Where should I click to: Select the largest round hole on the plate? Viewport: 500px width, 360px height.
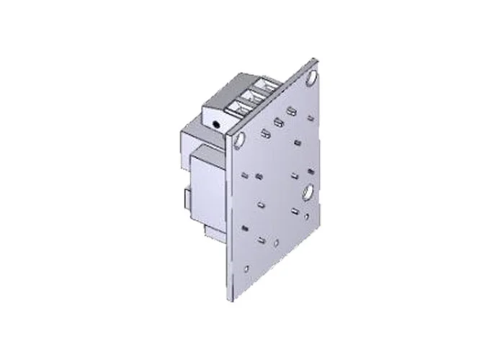pyautogui.click(x=308, y=192)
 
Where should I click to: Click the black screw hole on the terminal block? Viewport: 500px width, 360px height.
pyautogui.click(x=216, y=125)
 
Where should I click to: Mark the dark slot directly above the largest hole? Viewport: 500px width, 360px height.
pyautogui.click(x=310, y=171)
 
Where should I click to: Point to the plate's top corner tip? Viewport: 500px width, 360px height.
pyautogui.click(x=315, y=60)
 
